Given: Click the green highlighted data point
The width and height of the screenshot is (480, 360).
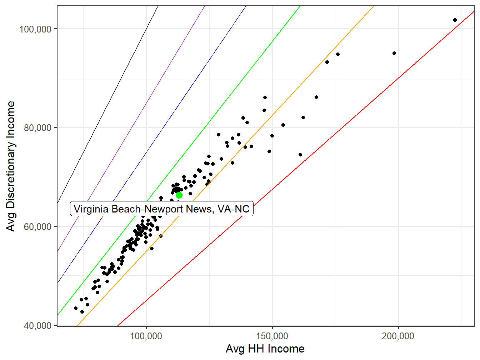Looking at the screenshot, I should (x=179, y=195).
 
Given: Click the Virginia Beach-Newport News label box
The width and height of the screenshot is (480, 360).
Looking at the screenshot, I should (x=162, y=209).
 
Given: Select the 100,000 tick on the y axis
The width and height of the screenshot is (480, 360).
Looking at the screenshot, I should (x=35, y=29).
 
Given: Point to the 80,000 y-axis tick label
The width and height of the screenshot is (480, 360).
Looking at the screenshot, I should (x=38, y=127).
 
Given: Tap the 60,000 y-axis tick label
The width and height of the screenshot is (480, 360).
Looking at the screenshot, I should (x=38, y=226).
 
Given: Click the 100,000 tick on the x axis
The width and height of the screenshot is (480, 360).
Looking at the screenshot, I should (x=146, y=336).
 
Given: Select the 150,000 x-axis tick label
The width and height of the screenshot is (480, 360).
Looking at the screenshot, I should (x=272, y=336).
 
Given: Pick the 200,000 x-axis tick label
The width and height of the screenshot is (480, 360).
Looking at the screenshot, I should (x=398, y=336).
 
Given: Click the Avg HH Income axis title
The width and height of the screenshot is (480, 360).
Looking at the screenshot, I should (x=265, y=349).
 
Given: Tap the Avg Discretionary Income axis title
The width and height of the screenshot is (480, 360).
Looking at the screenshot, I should (x=11, y=166).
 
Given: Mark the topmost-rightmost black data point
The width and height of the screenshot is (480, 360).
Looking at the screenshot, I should (x=455, y=20).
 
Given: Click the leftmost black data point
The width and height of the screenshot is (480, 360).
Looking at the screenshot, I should (x=76, y=308).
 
